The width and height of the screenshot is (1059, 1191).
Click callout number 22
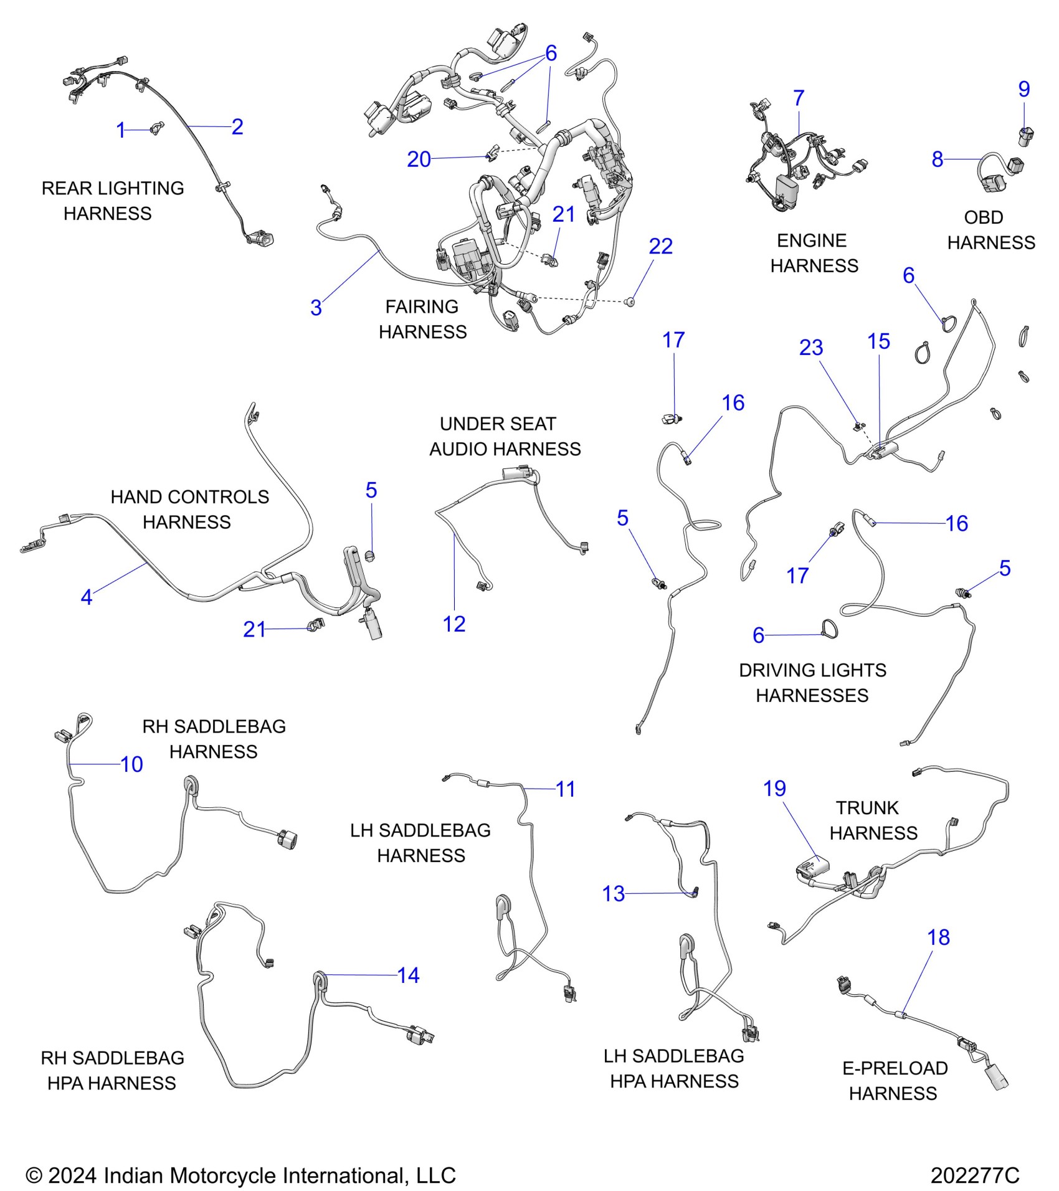[660, 247]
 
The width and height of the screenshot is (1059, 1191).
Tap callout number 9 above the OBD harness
[1023, 89]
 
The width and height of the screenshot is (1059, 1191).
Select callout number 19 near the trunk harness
[774, 789]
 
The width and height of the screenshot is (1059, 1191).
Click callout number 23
[810, 348]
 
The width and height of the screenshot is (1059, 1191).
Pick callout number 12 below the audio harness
[454, 624]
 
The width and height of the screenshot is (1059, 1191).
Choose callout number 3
[316, 308]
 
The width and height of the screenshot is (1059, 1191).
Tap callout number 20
[419, 159]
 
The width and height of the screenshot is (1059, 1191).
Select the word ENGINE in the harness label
[811, 240]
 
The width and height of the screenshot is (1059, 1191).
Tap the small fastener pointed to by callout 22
[630, 302]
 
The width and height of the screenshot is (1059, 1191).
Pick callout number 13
[613, 894]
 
